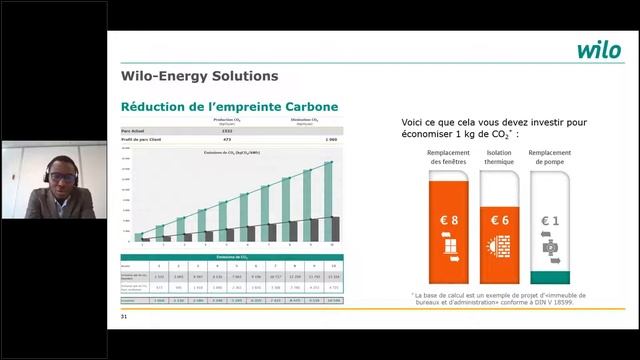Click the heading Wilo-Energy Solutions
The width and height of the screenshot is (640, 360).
pyautogui.click(x=198, y=75)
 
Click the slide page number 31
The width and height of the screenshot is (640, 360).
pyautogui.click(x=124, y=317)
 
